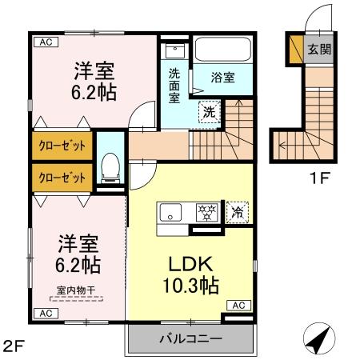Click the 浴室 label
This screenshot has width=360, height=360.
[x=222, y=78]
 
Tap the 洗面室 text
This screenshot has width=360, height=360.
[x=175, y=83]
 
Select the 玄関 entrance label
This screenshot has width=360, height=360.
[x=319, y=50]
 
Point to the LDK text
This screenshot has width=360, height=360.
[x=187, y=265]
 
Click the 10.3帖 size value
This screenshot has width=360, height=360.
[x=192, y=285]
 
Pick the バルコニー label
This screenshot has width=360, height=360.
[x=190, y=338]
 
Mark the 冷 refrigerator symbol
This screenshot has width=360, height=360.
[x=237, y=212]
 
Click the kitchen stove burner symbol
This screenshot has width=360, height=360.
[x=207, y=213]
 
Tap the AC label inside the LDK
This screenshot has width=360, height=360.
[x=239, y=305]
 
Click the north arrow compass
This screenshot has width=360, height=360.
[x=321, y=338]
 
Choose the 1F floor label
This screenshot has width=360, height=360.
[x=319, y=178]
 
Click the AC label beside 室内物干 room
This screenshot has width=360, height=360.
[x=44, y=312]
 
